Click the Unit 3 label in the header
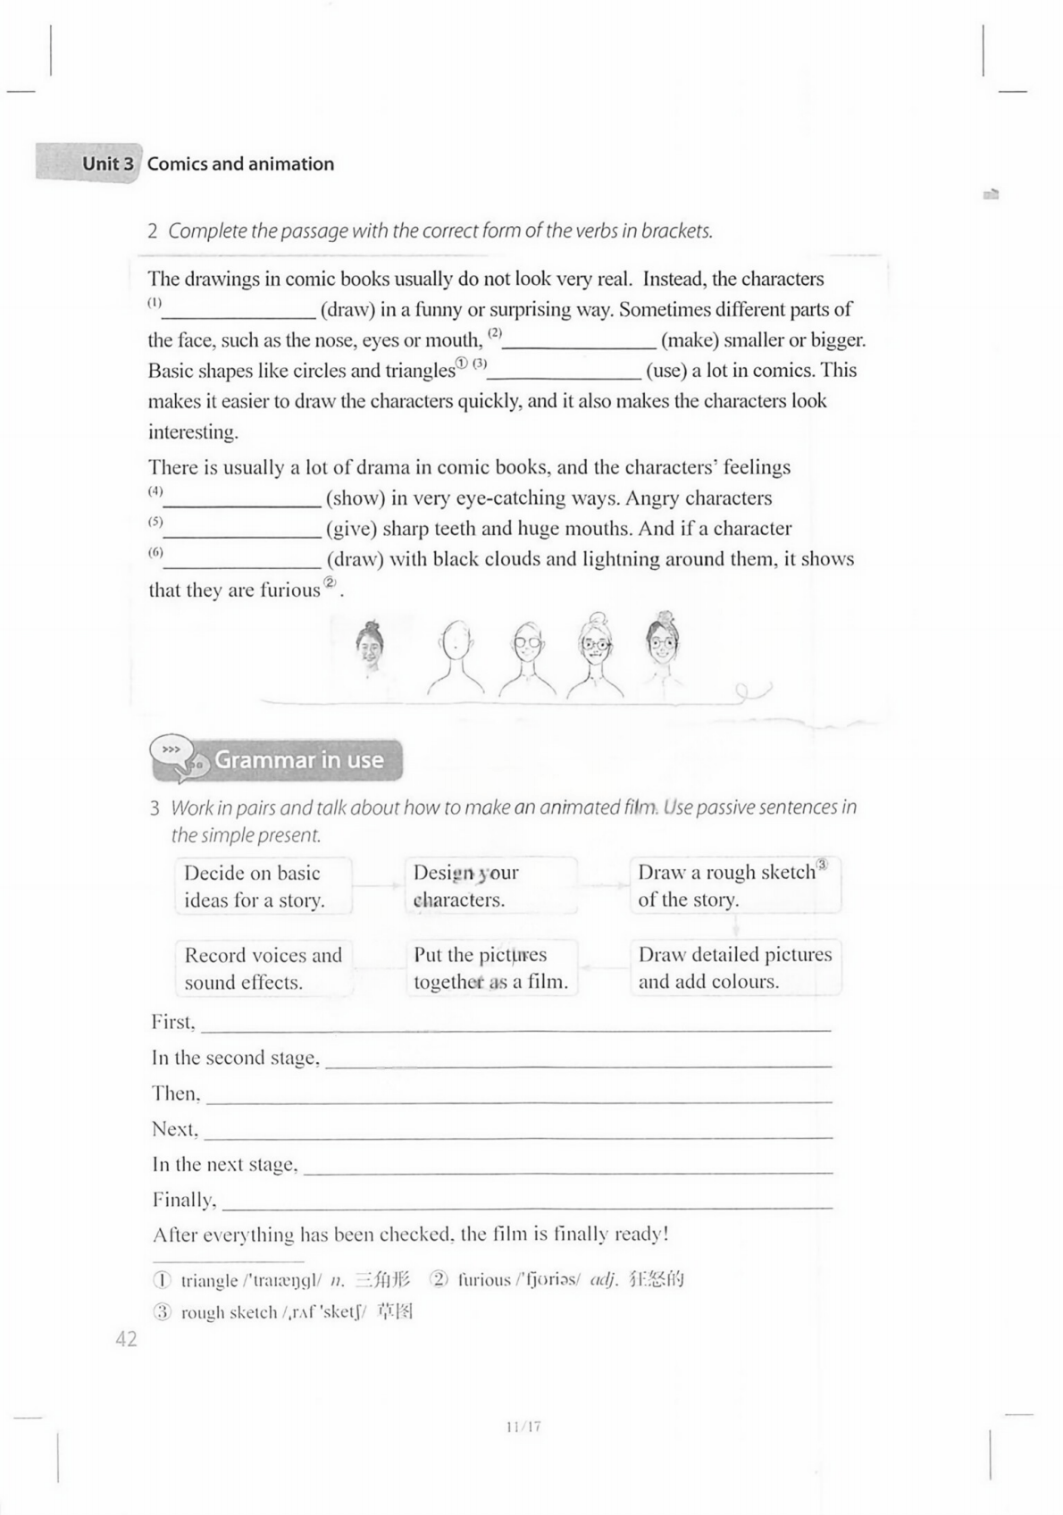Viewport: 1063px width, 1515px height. pyautogui.click(x=107, y=163)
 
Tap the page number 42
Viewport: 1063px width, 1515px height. pyautogui.click(x=126, y=1338)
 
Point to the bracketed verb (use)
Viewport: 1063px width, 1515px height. pyautogui.click(x=666, y=371)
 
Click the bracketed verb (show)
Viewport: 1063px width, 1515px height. pyautogui.click(x=356, y=498)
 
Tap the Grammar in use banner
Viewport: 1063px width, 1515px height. pyautogui.click(x=298, y=760)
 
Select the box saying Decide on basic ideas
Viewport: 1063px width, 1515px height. pyautogui.click(x=263, y=886)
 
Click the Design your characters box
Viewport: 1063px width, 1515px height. pyautogui.click(x=490, y=886)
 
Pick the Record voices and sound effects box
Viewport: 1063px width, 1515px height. pyautogui.click(x=263, y=968)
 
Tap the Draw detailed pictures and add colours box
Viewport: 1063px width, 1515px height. pyautogui.click(x=734, y=967)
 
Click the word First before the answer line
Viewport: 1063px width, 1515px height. pyautogui.click(x=172, y=1022)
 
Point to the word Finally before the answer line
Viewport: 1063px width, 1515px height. pyautogui.click(x=184, y=1200)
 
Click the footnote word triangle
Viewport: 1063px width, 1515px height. pyautogui.click(x=209, y=1281)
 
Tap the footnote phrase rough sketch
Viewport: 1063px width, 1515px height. pyautogui.click(x=229, y=1312)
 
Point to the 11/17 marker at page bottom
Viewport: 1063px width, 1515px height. pyautogui.click(x=523, y=1427)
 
